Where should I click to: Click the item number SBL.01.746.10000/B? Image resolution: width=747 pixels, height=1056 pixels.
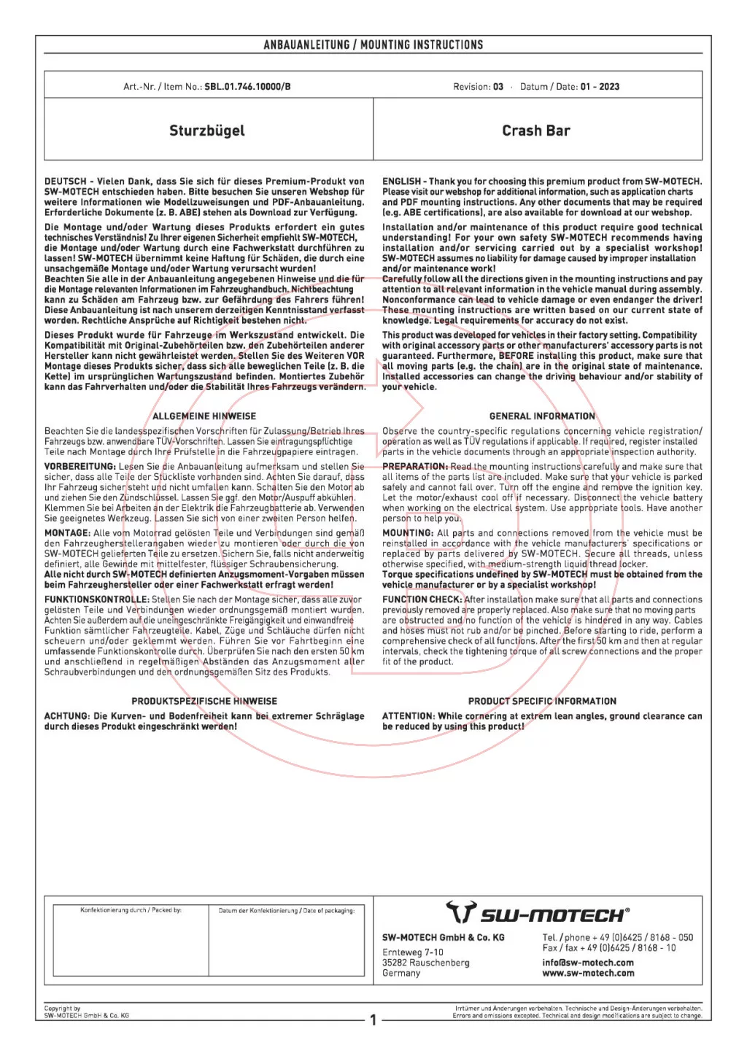(x=247, y=86)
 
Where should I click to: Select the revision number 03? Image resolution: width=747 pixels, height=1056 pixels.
(x=498, y=86)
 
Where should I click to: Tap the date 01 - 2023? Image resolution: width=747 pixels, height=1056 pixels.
(x=600, y=86)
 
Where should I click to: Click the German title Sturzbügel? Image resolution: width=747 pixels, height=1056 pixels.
(x=207, y=131)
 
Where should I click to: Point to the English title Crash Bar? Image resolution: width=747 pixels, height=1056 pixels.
(x=536, y=131)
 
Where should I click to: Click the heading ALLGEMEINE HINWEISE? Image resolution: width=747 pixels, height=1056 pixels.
(x=204, y=416)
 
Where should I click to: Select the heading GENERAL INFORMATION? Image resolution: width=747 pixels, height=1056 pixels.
(x=542, y=416)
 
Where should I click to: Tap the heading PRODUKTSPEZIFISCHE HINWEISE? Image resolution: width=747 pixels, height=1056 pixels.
(x=204, y=701)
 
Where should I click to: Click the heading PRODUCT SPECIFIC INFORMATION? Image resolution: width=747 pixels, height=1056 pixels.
(x=542, y=701)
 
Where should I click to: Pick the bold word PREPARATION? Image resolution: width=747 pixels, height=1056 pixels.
(x=414, y=467)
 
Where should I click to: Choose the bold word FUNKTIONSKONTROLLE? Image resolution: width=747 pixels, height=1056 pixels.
(x=96, y=599)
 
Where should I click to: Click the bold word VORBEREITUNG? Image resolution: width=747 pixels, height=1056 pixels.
(x=80, y=467)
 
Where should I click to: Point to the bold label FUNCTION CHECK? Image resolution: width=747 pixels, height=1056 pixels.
(x=422, y=599)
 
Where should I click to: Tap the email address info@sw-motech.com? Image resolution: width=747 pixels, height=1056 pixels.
(x=588, y=962)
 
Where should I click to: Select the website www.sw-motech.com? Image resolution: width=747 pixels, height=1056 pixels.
(x=588, y=973)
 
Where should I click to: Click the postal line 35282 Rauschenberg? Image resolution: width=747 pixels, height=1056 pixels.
(x=425, y=962)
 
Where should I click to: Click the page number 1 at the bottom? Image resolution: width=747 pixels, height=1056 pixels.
(x=373, y=1020)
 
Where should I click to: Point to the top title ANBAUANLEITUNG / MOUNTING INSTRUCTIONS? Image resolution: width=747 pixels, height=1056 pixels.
(x=373, y=44)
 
